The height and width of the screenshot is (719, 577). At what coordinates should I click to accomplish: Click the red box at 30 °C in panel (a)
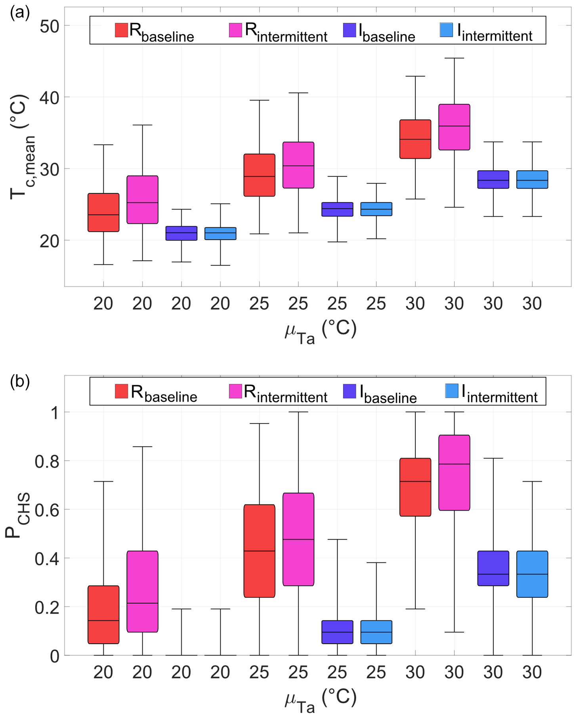pyautogui.click(x=415, y=139)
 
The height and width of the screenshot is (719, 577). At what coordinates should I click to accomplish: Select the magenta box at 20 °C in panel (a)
pyautogui.click(x=142, y=200)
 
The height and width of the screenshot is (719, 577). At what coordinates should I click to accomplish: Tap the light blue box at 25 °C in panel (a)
pyautogui.click(x=376, y=209)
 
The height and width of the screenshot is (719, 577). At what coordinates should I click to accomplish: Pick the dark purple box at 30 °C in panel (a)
pyautogui.click(x=493, y=179)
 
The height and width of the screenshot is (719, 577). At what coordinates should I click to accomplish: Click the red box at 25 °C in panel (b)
pyautogui.click(x=259, y=551)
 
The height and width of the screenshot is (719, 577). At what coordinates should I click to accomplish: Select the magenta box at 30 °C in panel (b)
pyautogui.click(x=454, y=473)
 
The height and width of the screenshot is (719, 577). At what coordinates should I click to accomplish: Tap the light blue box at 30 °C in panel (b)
pyautogui.click(x=532, y=574)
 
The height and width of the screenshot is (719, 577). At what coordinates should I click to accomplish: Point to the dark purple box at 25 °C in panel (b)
pyautogui.click(x=337, y=632)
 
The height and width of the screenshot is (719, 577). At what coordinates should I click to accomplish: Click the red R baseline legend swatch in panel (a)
pyautogui.click(x=122, y=30)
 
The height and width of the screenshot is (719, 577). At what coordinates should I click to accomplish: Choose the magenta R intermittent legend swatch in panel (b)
pyautogui.click(x=235, y=391)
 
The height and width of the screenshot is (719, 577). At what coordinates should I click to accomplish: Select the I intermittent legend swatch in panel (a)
pyautogui.click(x=446, y=30)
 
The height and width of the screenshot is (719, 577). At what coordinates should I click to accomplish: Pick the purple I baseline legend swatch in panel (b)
pyautogui.click(x=350, y=391)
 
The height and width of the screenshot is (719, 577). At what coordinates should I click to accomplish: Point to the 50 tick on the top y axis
pyautogui.click(x=49, y=26)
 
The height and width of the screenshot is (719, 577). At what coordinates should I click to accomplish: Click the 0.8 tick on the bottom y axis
pyautogui.click(x=47, y=462)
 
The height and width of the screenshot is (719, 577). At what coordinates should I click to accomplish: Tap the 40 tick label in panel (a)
pyautogui.click(x=49, y=97)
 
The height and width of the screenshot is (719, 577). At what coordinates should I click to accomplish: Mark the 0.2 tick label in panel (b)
pyautogui.click(x=47, y=607)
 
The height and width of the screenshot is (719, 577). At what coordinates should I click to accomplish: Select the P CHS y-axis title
pyautogui.click(x=18, y=515)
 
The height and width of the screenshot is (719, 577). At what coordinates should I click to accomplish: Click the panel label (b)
pyautogui.click(x=20, y=381)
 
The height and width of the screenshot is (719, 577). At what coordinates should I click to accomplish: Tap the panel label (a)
pyautogui.click(x=20, y=13)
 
